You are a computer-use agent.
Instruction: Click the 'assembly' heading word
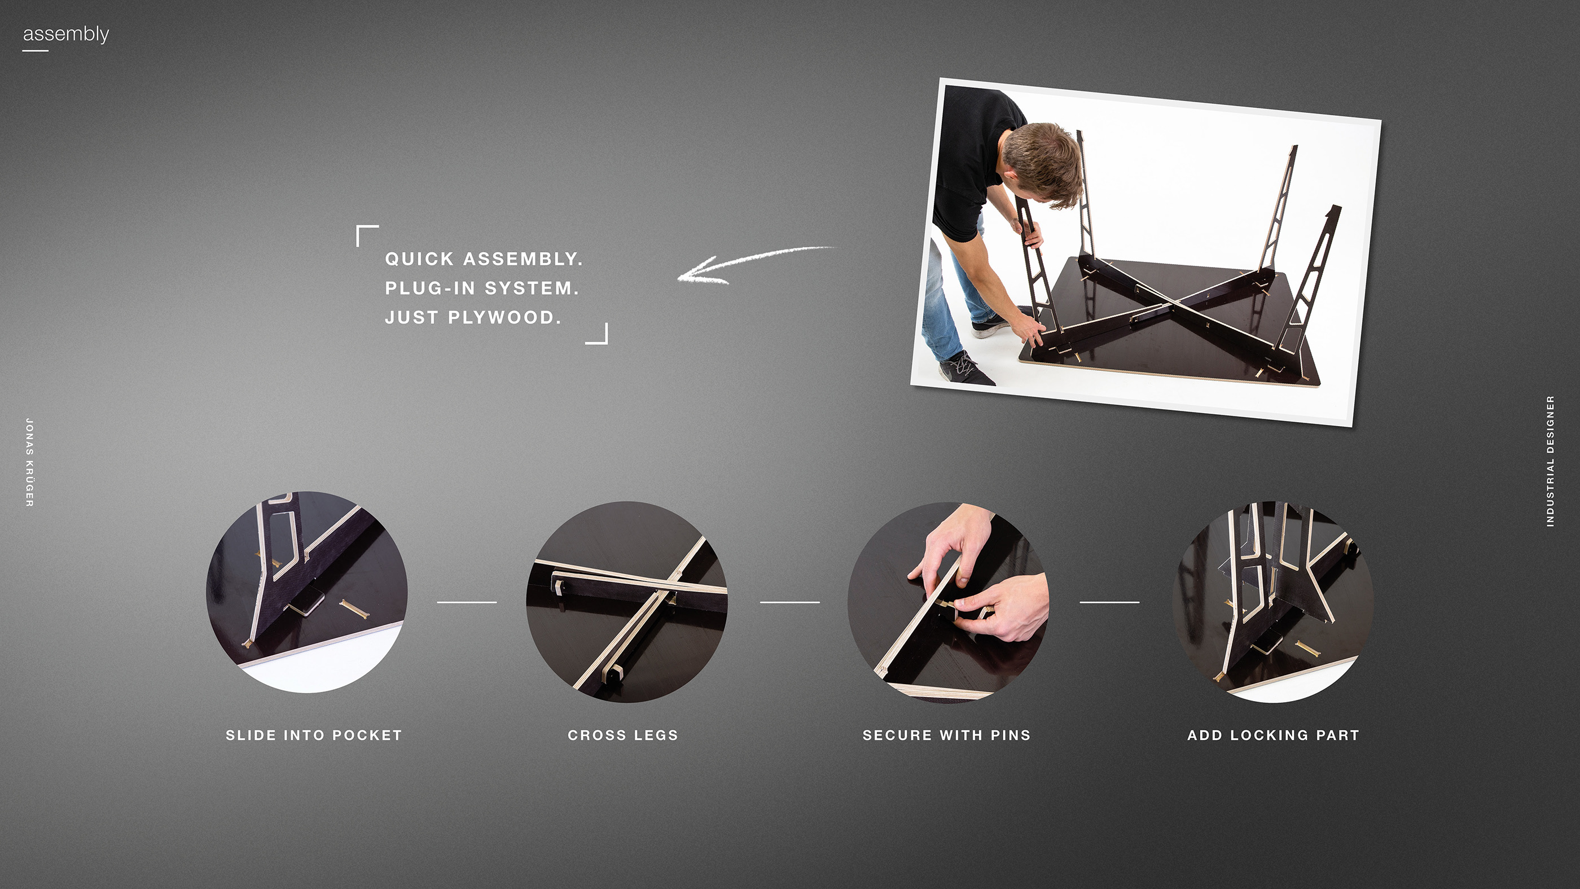tap(65, 34)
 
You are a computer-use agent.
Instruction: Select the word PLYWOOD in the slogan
tap(503, 318)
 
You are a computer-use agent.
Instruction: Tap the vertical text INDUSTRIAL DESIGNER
tap(1550, 461)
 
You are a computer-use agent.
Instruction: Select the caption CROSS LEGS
tap(622, 735)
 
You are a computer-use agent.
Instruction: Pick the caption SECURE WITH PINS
tap(946, 735)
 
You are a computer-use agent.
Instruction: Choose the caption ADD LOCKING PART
tap(1274, 735)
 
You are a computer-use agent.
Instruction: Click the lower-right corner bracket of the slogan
tap(598, 334)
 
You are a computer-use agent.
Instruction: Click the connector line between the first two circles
tap(467, 602)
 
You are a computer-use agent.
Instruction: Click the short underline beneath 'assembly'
tap(35, 50)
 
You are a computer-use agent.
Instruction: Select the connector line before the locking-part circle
tap(1109, 602)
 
